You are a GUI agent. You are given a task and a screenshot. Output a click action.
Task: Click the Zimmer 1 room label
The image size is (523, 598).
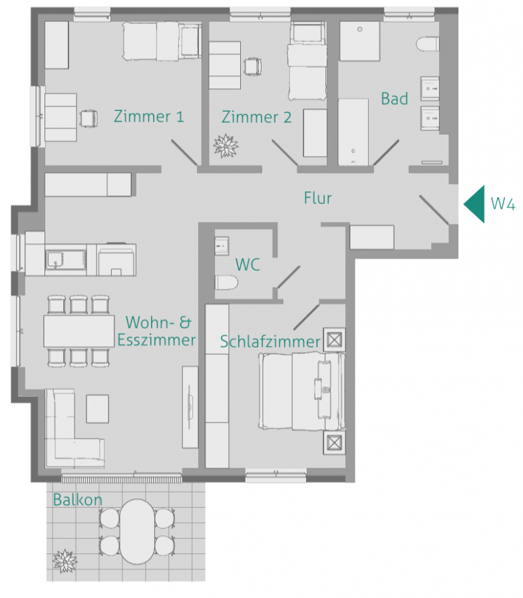pos(148,117)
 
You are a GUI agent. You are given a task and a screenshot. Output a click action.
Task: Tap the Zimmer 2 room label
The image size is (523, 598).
pos(256,118)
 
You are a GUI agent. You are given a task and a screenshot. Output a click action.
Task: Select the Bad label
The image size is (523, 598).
pos(394,99)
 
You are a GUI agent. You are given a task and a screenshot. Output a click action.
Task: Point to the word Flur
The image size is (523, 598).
pos(317,198)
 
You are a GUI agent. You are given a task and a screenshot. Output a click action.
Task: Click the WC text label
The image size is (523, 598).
pos(247,264)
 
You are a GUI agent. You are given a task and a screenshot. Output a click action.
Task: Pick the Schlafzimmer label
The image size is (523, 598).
pos(270,342)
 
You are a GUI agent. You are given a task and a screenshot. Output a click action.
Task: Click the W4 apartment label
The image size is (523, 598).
pos(502,203)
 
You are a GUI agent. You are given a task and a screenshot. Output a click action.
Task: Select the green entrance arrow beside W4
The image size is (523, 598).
pos(474,203)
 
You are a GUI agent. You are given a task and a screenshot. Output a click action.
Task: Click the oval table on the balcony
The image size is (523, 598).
pos(137,531)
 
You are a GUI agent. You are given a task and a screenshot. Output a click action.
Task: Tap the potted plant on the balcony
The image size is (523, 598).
pos(65,560)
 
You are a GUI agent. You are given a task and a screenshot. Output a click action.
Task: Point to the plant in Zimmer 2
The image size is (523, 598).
pos(225,146)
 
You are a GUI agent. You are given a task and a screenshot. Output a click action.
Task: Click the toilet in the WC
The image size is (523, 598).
pos(226,284)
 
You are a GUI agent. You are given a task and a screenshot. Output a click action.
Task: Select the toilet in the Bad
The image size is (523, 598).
pos(427,45)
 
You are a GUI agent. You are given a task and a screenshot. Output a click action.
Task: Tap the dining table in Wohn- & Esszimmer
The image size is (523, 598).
pos(79,330)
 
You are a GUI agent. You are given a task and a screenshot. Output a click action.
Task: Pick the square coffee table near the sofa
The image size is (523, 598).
pos(97,408)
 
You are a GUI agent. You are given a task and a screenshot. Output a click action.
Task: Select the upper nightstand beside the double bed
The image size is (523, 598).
pos(334,340)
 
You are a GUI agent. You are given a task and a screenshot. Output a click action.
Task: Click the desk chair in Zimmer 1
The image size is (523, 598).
pos(87,118)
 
